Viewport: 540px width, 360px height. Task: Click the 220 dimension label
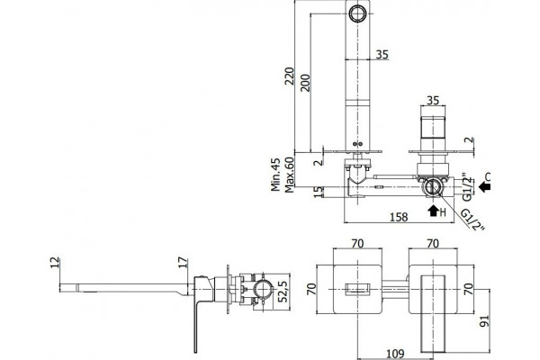289,76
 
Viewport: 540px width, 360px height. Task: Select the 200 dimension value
305,83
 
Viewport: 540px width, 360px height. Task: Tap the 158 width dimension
399,217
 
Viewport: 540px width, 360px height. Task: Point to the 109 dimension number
395,354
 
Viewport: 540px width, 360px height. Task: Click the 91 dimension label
484,320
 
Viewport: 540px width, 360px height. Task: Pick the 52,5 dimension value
283,291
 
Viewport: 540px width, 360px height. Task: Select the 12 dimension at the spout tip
55,263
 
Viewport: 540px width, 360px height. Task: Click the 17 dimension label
184,263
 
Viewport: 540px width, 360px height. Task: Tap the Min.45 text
275,175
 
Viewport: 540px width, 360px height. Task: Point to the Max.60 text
289,175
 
